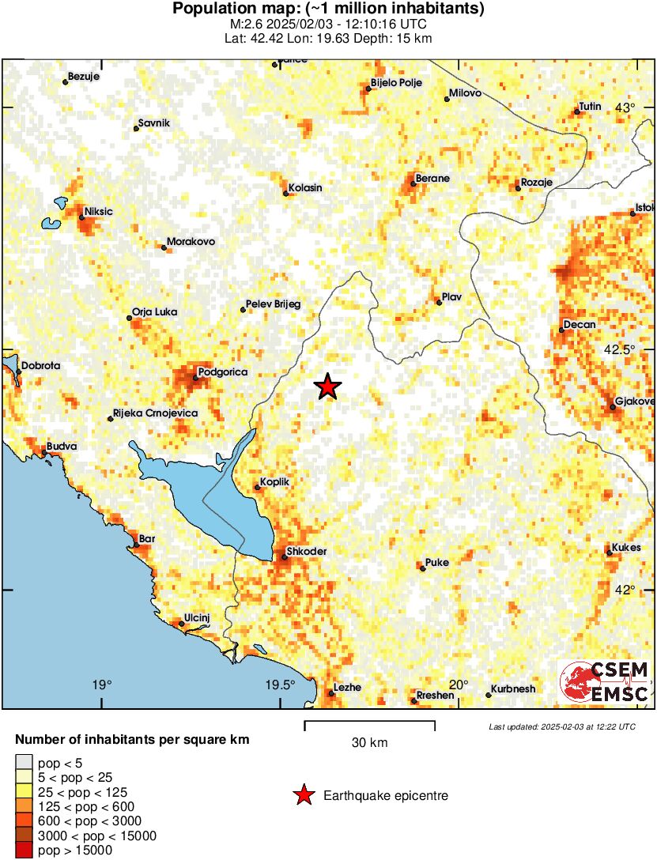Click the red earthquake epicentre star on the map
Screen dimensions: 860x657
pos(327,387)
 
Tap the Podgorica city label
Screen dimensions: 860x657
pos(222,372)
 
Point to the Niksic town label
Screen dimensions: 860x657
pos(98,212)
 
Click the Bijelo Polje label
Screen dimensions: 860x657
pos(396,83)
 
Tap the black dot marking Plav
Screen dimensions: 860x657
pos(439,302)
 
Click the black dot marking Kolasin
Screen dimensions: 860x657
pos(285,193)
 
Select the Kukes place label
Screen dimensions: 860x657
pos(626,548)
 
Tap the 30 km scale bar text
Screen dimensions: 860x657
pos(369,742)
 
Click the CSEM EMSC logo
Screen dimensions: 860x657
pos(605,682)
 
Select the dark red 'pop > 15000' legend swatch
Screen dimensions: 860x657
pos(24,851)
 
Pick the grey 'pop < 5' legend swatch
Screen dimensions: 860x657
pos(24,763)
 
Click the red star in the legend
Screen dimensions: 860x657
pos(303,796)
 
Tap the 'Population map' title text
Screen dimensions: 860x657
pos(328,9)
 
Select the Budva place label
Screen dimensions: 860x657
pos(62,447)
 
